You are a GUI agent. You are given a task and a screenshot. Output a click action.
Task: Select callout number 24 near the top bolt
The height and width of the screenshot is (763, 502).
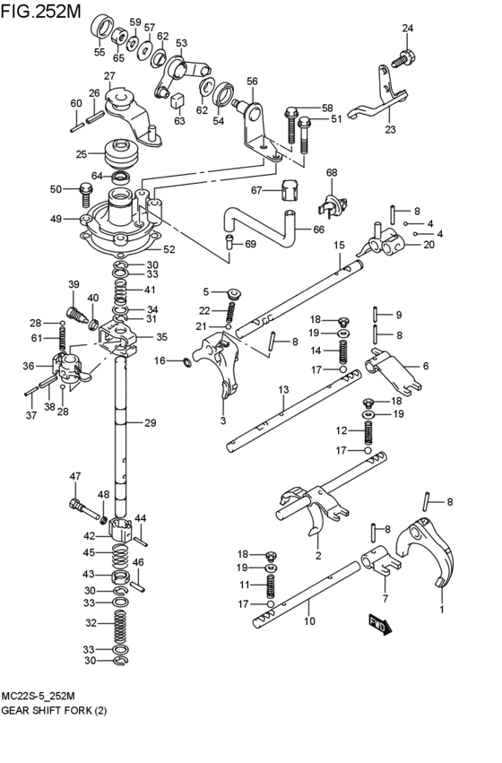(x=408, y=30)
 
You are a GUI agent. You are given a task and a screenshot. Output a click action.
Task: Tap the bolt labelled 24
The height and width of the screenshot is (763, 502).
(x=402, y=58)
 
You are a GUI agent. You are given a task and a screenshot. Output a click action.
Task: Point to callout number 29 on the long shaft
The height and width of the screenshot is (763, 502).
(x=150, y=422)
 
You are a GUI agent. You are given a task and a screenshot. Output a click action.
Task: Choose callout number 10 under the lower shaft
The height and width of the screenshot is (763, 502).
(x=309, y=620)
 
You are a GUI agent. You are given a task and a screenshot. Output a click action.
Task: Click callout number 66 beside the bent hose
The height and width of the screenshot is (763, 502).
(x=318, y=230)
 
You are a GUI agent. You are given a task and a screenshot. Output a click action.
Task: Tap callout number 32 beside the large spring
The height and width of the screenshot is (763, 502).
(x=91, y=622)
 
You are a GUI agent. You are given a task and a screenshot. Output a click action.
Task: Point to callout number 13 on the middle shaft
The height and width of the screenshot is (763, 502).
(x=282, y=389)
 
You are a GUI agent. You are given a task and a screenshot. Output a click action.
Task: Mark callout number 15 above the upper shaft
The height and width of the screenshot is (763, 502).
(x=339, y=246)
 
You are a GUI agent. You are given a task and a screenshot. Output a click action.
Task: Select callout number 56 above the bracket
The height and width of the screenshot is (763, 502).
(x=252, y=82)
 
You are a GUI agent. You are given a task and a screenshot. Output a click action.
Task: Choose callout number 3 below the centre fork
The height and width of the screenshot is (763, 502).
(x=222, y=420)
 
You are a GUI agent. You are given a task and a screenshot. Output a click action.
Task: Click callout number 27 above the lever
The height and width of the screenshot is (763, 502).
(x=109, y=76)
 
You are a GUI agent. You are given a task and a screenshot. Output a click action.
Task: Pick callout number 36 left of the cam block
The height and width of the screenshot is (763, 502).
(x=29, y=366)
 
